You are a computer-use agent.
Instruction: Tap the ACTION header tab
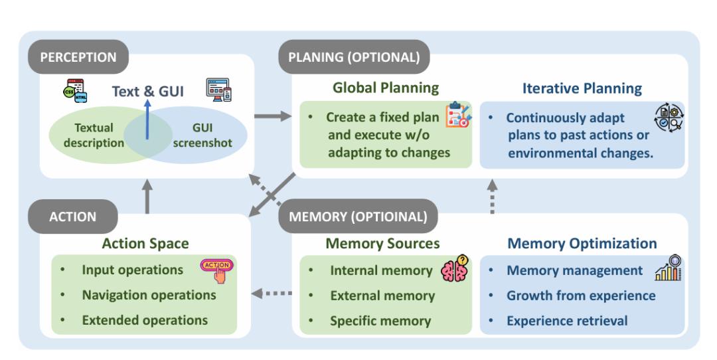(x=74, y=217)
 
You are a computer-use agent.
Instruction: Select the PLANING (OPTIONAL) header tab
(x=354, y=56)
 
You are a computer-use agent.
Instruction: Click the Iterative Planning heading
(x=582, y=88)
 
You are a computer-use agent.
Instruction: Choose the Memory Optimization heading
(x=582, y=244)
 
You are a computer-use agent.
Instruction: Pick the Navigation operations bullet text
(x=149, y=295)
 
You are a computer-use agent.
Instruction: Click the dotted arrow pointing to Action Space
(x=274, y=293)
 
